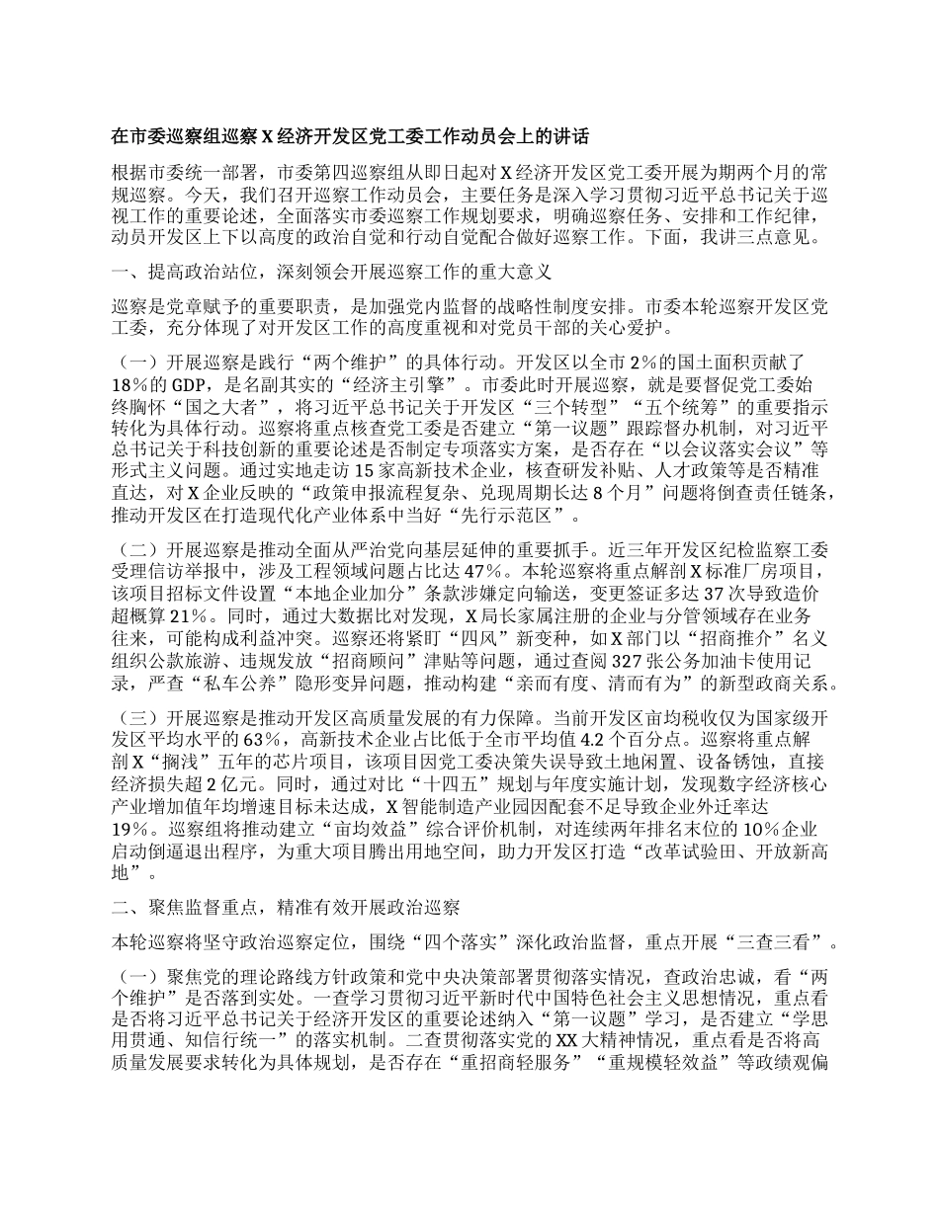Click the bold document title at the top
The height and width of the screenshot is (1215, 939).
click(350, 135)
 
